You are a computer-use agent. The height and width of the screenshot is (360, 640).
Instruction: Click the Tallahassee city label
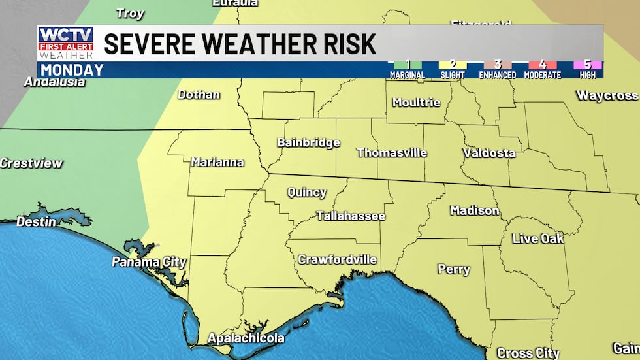[x=351, y=216]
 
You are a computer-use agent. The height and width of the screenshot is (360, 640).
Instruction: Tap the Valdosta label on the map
[x=488, y=153]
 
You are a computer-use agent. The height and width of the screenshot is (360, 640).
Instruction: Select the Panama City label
[x=149, y=262]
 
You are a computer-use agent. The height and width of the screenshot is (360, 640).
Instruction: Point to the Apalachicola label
[x=246, y=338]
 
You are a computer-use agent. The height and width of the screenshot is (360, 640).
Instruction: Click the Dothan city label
[x=199, y=94]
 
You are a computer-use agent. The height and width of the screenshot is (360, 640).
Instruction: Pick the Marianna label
[x=217, y=162]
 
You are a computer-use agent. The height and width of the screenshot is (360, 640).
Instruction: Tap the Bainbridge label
[x=308, y=142]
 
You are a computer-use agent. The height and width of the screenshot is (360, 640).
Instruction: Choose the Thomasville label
[x=391, y=153]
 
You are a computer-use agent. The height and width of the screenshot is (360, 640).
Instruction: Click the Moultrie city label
[x=416, y=103]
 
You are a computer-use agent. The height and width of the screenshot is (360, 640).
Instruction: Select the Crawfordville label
[x=337, y=259]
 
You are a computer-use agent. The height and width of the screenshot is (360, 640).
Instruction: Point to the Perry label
[x=453, y=269]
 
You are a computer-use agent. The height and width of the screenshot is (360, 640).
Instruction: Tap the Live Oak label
[x=537, y=238]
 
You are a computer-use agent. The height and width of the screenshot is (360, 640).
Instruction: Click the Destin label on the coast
[x=36, y=221]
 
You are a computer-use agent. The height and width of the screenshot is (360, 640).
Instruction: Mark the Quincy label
[x=307, y=193]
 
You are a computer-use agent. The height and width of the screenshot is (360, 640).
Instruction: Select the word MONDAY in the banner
[x=72, y=70]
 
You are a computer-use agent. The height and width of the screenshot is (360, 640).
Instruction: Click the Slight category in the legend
[x=452, y=70]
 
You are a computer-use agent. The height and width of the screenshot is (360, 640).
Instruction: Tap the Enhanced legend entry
[x=497, y=70]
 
